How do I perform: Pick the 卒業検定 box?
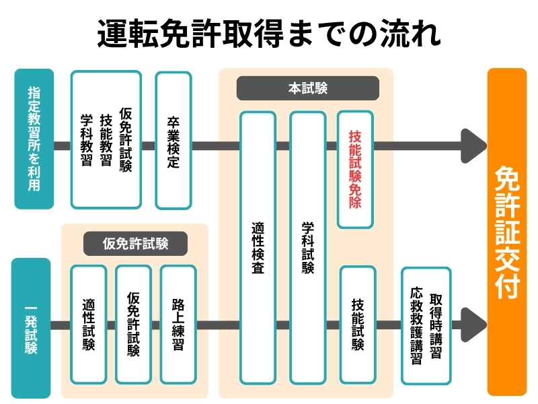click(x=174, y=140)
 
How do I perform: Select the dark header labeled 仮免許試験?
click(x=135, y=244)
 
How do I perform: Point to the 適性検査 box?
click(x=258, y=248)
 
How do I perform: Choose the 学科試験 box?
click(x=307, y=248)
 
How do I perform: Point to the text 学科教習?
click(x=86, y=140)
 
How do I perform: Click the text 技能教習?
click(x=106, y=140)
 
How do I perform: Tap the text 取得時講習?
click(x=436, y=326)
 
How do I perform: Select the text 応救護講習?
click(x=416, y=326)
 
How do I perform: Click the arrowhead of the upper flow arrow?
click(x=473, y=145)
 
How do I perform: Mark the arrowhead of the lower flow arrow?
click(x=473, y=326)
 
